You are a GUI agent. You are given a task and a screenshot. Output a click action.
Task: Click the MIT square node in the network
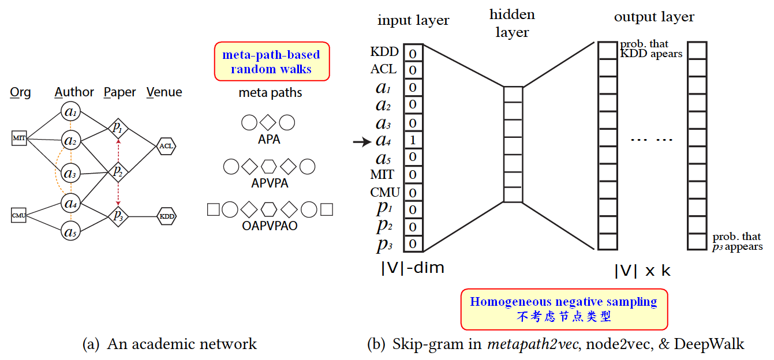point(19,138)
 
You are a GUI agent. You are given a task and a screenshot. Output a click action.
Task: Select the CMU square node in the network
point(19,216)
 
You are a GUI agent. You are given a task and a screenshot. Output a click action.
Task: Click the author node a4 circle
point(70,203)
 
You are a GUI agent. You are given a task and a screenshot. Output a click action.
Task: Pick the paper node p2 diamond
point(118,171)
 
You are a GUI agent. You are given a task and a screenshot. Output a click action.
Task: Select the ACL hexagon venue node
point(167,146)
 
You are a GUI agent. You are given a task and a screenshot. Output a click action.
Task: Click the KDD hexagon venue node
point(167,216)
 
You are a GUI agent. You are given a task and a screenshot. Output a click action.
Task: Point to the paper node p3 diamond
point(118,216)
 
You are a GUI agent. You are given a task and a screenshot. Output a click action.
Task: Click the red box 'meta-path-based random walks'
point(271,62)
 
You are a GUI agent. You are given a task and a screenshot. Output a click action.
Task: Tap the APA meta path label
point(269,139)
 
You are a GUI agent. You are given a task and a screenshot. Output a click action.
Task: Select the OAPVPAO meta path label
point(270,226)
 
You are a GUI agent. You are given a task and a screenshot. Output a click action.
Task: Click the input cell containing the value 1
point(413,140)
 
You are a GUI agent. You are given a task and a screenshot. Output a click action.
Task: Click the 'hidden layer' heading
point(512,23)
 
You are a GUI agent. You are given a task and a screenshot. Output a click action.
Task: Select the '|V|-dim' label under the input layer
point(412,268)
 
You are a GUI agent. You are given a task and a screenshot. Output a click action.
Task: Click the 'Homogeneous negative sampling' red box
point(563,309)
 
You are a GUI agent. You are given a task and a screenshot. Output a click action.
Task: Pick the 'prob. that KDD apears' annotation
point(651,49)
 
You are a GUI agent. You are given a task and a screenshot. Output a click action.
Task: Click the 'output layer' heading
point(654,17)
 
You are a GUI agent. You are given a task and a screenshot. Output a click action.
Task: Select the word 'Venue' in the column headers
point(164,92)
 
